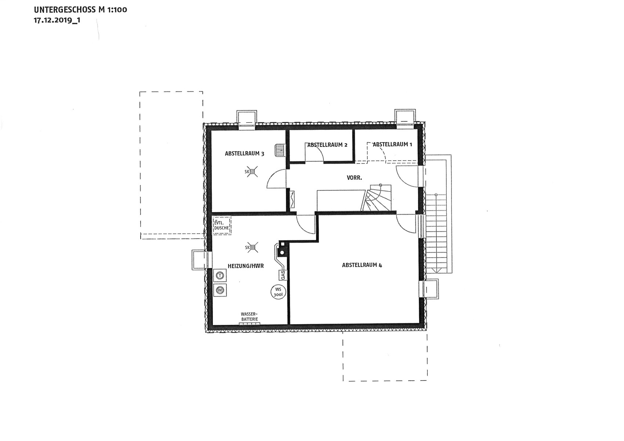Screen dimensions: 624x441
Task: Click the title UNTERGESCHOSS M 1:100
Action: tap(80, 10)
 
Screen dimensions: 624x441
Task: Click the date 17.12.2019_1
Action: tap(57, 20)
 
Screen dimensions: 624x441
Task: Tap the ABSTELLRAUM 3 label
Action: tap(244, 153)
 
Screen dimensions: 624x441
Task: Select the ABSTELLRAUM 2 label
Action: tap(327, 145)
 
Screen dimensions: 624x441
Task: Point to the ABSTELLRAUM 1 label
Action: tap(392, 144)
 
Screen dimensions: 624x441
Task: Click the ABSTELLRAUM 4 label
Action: tap(362, 265)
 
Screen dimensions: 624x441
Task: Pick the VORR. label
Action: tap(354, 178)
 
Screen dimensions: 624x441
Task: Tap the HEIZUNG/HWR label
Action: tap(246, 266)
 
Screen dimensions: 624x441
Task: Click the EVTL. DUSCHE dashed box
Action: tap(222, 225)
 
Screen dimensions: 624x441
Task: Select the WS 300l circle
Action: tap(278, 292)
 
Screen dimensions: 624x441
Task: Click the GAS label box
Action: tap(283, 275)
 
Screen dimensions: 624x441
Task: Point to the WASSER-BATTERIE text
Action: tap(250, 317)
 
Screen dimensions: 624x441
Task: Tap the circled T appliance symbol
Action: tap(220, 276)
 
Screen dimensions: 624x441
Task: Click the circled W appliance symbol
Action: tap(220, 290)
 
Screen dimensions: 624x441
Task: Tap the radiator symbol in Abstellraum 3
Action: tap(280, 151)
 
